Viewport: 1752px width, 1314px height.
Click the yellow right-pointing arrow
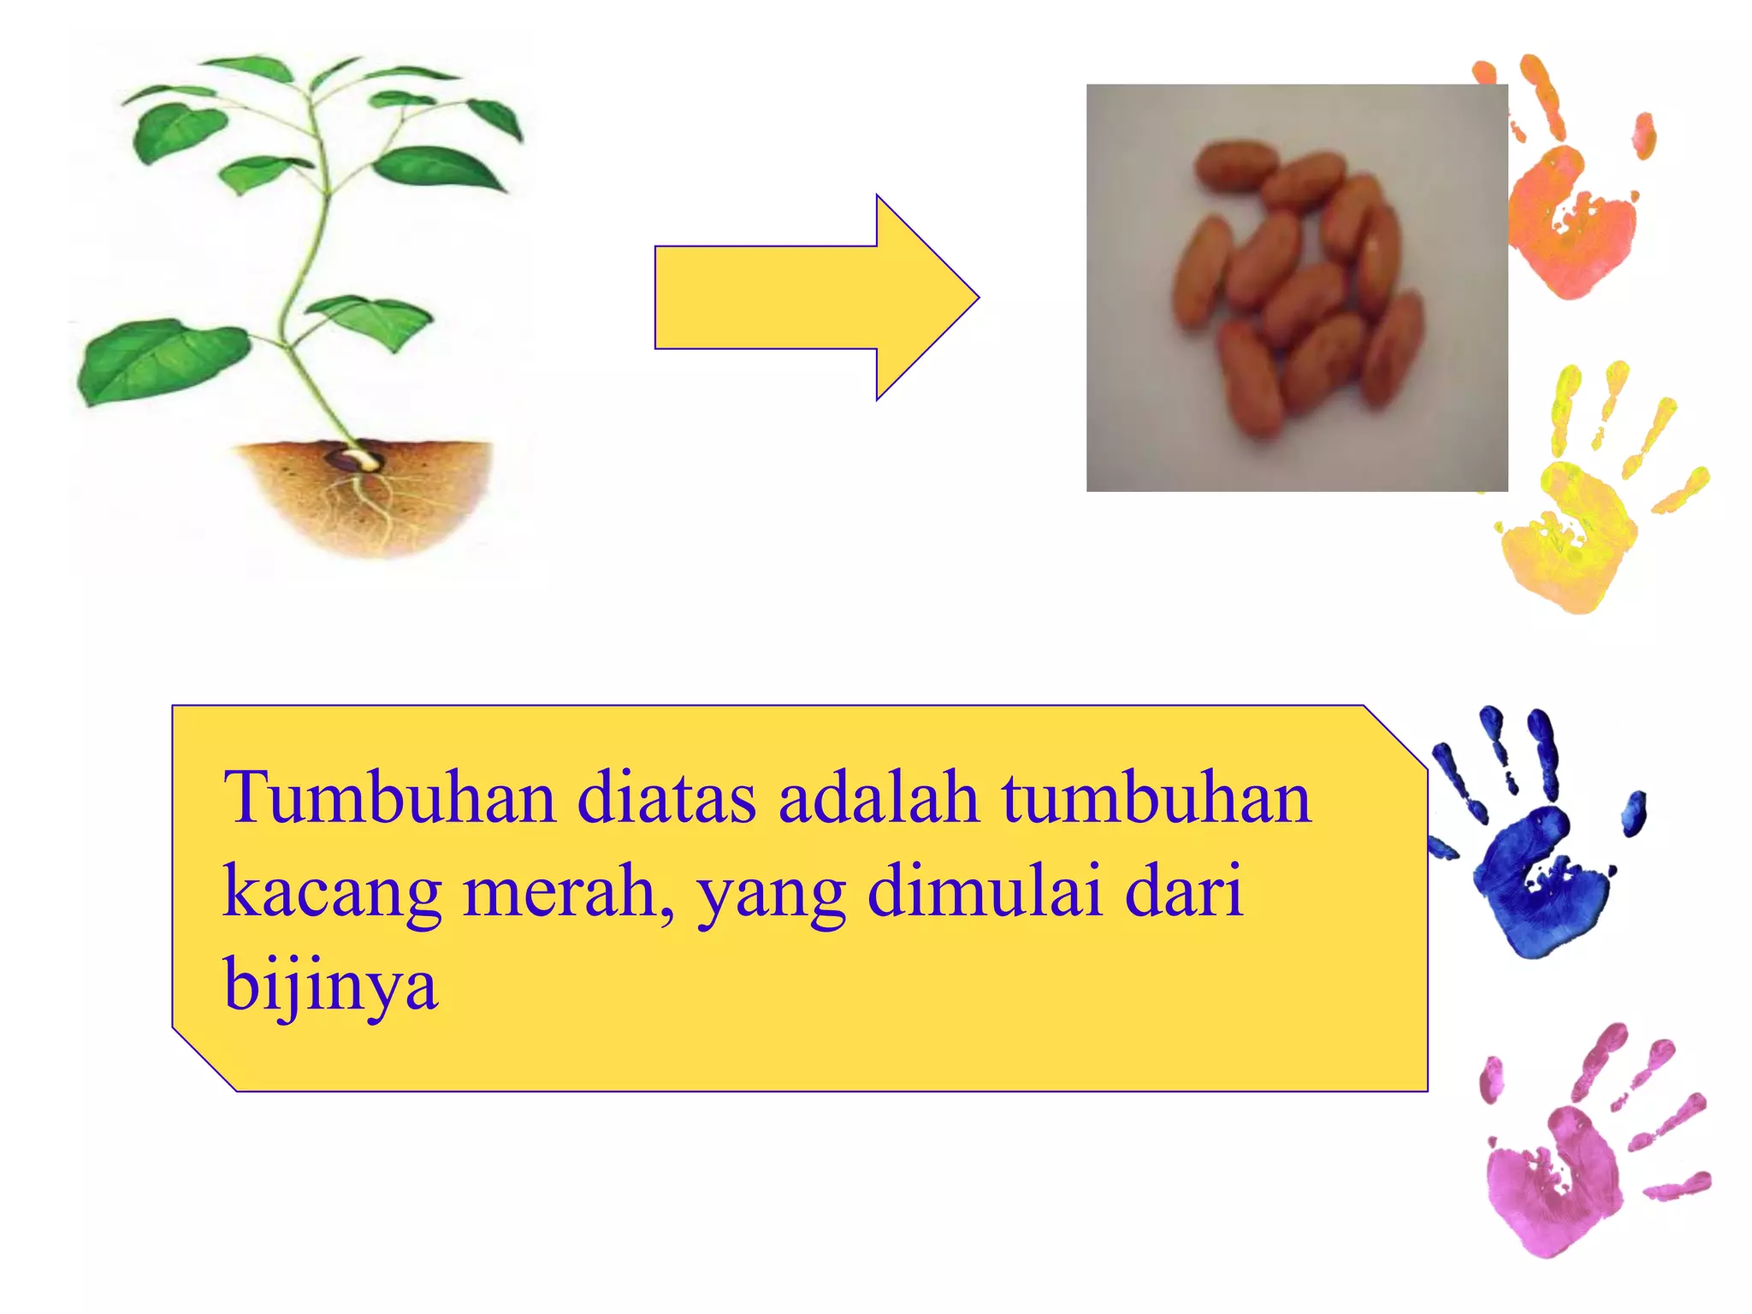click(813, 297)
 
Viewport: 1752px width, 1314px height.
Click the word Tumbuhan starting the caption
click(389, 797)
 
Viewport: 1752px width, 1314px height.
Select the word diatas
click(666, 797)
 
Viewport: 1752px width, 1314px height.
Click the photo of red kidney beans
click(1296, 287)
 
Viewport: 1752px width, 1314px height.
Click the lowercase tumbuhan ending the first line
click(1156, 797)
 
